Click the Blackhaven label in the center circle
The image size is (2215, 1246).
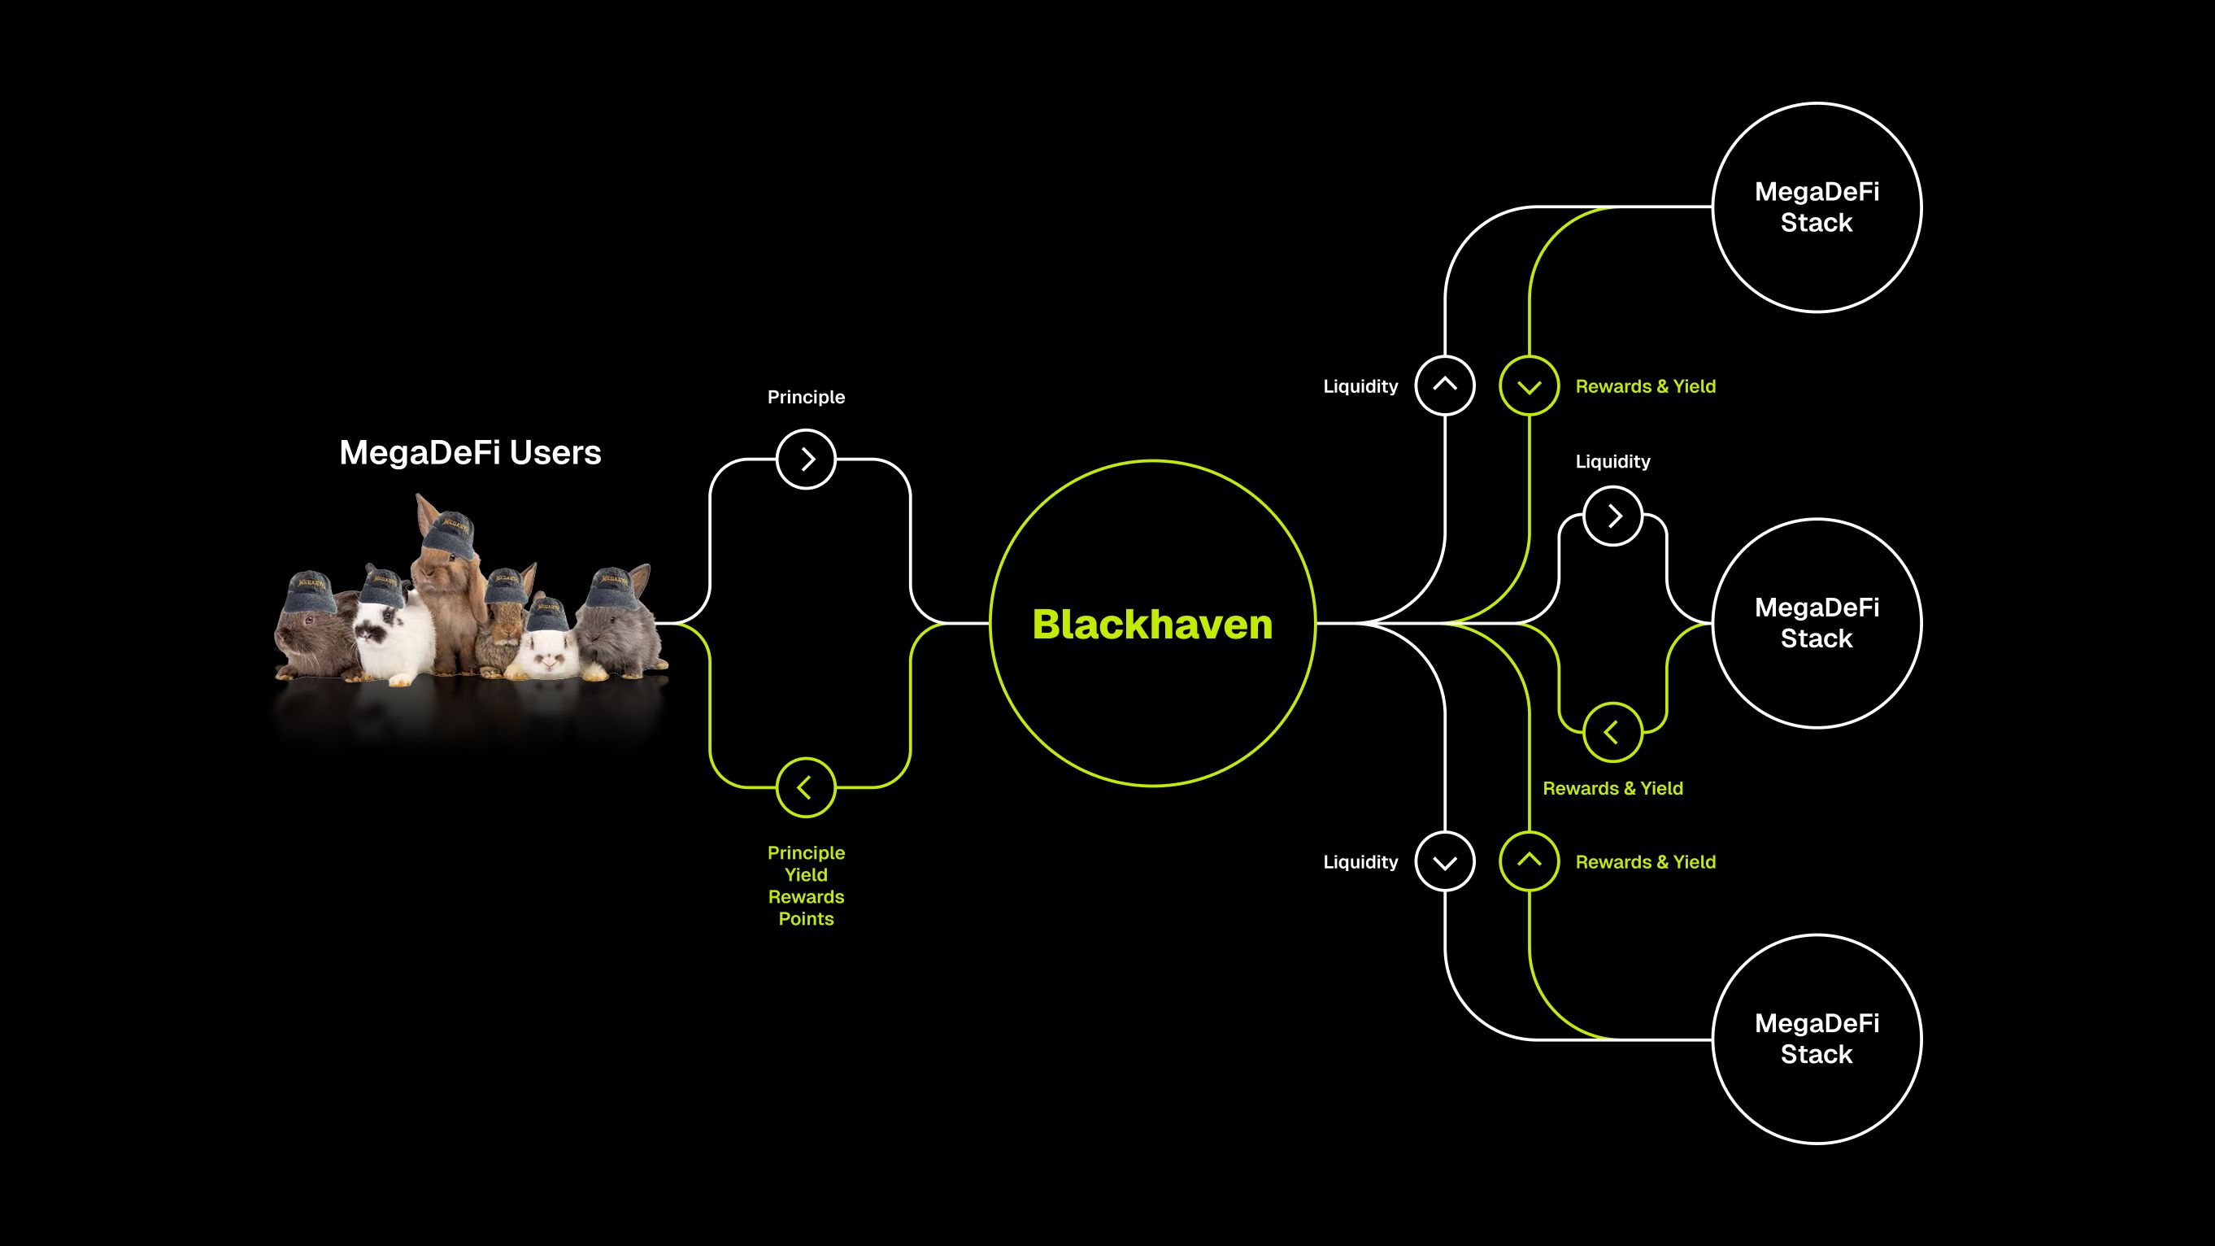1152,625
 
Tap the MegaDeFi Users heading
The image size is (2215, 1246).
470,452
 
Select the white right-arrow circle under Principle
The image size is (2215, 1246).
806,460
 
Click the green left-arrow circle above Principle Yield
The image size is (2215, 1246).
806,786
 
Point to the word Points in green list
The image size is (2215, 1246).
806,918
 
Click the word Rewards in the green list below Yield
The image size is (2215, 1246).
806,897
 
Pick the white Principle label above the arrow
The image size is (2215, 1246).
806,397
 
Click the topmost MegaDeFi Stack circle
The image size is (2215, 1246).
1816,207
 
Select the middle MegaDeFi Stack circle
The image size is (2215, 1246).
1816,624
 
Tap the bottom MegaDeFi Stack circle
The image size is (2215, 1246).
1816,1039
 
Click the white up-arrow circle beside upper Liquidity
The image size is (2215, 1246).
1445,386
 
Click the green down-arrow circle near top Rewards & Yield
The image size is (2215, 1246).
1529,386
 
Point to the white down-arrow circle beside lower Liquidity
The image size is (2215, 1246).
1445,861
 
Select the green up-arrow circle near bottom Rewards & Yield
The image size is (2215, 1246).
1529,860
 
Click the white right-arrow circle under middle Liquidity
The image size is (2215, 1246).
1612,516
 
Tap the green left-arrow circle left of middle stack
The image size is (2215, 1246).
1612,733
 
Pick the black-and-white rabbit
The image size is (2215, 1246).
391,636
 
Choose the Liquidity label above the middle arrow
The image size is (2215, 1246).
1612,462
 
